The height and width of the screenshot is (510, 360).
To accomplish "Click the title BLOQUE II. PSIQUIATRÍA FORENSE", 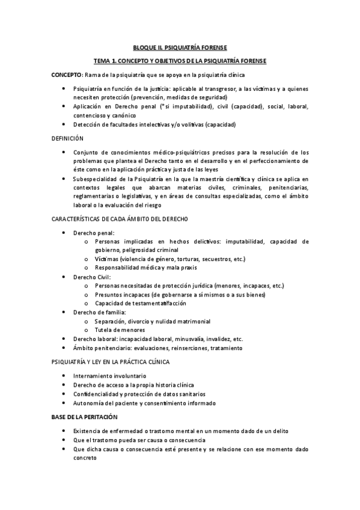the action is pos(180,48).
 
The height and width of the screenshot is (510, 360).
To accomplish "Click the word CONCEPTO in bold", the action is pos(66,75).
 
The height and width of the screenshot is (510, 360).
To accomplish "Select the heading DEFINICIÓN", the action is pos(67,138).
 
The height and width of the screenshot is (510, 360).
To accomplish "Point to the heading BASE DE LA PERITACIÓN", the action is pos(84,417).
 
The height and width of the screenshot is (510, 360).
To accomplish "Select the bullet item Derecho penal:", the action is pos(94,232).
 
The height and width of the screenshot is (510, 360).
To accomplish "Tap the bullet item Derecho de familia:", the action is pos(100,312).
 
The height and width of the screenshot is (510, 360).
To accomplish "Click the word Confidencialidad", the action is pos(98,394).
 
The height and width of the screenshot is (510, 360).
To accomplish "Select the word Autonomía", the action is pos(89,403).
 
